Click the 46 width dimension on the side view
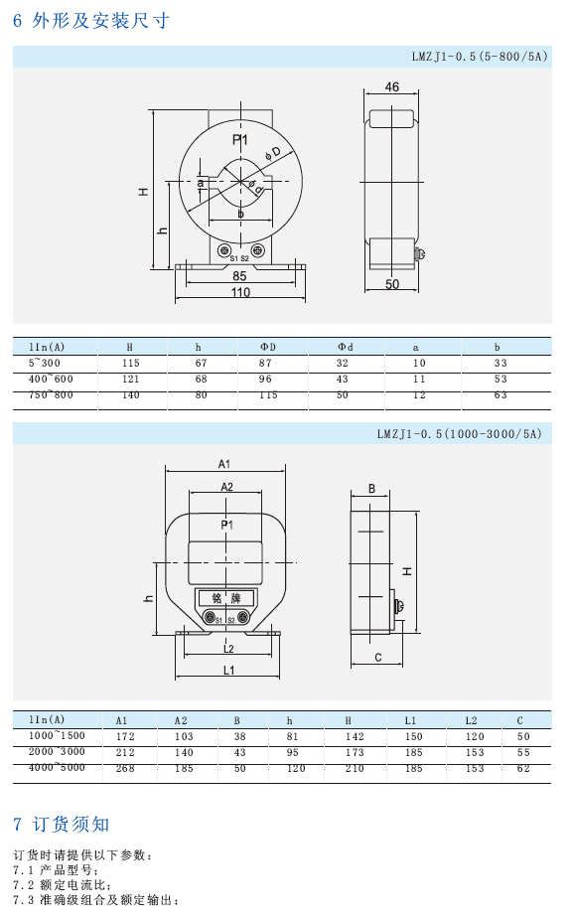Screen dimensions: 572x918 [391, 86]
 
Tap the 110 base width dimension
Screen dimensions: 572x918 [240, 291]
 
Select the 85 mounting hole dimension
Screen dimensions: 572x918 [239, 276]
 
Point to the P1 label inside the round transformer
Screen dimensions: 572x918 [240, 139]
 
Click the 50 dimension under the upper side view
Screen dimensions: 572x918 [391, 284]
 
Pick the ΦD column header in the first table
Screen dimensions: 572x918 [267, 347]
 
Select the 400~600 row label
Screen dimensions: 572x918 [51, 379]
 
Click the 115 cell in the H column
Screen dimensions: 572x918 [130, 363]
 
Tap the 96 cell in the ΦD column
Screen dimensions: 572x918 [265, 379]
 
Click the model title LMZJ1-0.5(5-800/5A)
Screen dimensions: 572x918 [480, 57]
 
